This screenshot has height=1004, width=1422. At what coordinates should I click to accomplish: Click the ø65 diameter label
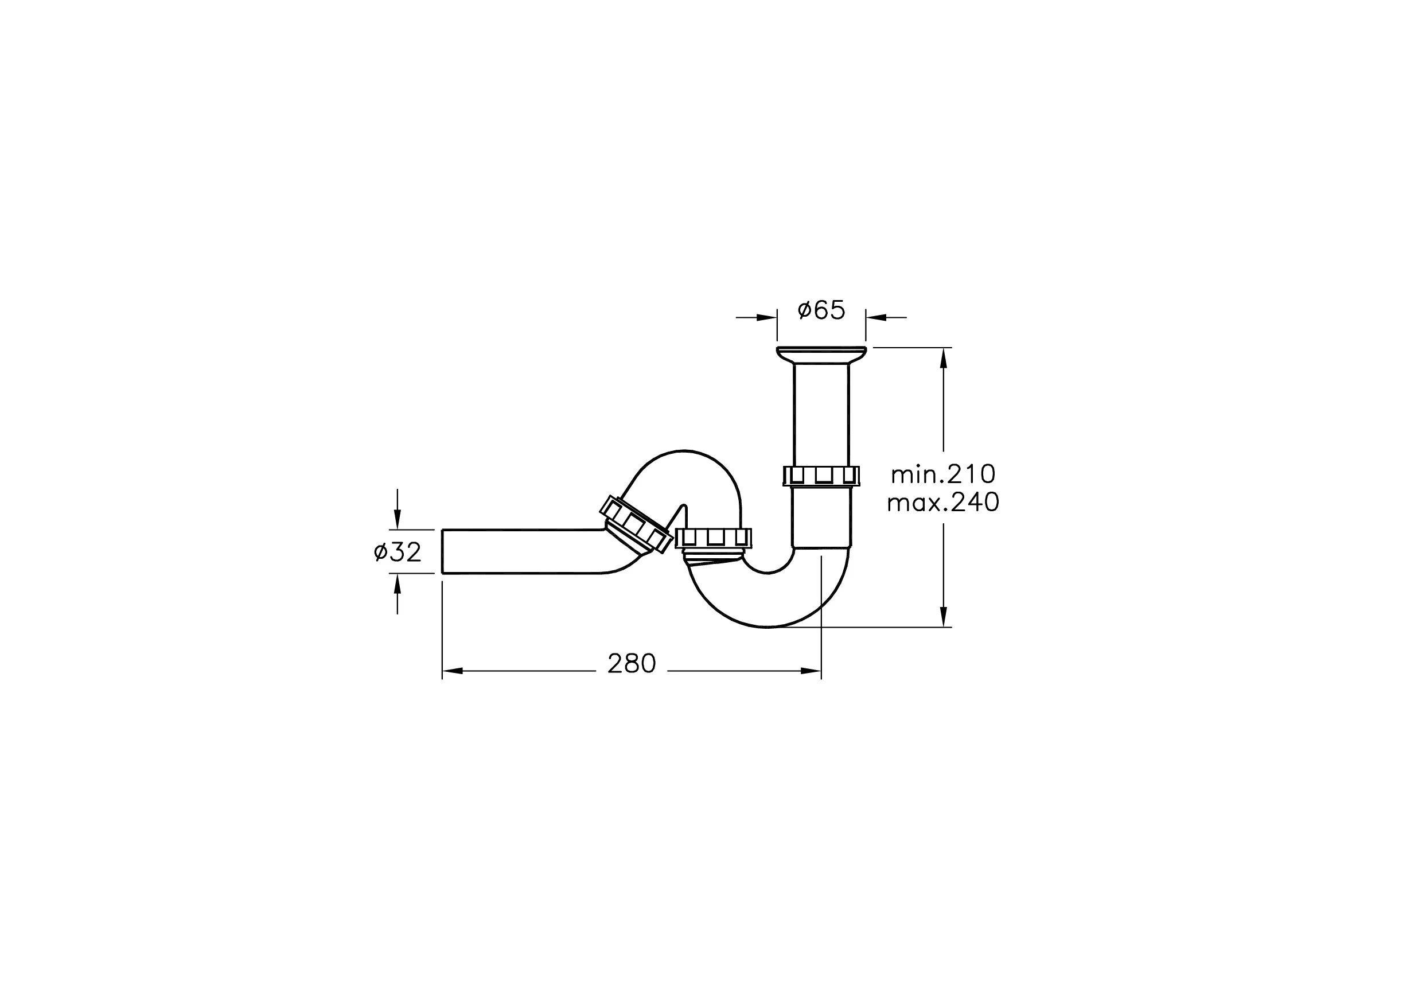pyautogui.click(x=821, y=310)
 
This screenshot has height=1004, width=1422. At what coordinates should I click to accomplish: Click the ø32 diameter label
pyautogui.click(x=398, y=551)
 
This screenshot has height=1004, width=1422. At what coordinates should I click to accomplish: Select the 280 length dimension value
pyautogui.click(x=631, y=664)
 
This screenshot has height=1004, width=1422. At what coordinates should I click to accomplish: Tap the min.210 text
pyautogui.click(x=943, y=474)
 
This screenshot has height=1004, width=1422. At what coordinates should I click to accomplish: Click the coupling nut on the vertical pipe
pyautogui.click(x=821, y=475)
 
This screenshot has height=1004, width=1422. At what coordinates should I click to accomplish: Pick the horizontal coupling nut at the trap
pyautogui.click(x=714, y=539)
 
